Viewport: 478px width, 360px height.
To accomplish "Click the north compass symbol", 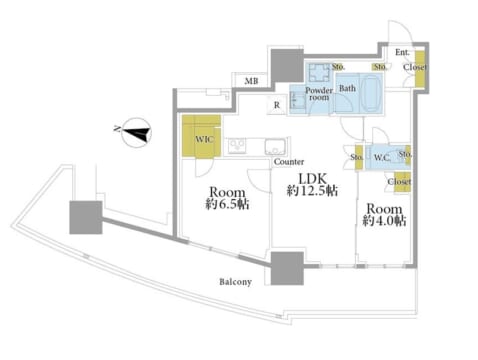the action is click(137, 133).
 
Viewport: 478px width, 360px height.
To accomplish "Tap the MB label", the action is click(251, 81).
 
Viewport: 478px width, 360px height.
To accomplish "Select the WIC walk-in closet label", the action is click(204, 139).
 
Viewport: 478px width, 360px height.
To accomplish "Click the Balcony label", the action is click(235, 282).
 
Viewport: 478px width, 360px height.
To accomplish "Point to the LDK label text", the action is click(312, 179).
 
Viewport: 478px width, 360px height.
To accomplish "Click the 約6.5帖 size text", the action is click(227, 204).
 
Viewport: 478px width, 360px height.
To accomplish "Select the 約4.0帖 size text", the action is click(384, 220).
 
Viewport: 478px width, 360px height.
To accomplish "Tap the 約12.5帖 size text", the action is click(312, 191).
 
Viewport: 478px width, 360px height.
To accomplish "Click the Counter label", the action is click(289, 162).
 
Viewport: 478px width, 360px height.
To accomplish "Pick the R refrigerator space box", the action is click(277, 105).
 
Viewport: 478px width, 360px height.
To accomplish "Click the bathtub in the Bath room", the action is click(372, 93).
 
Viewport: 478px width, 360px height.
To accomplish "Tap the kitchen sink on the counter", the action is click(275, 147).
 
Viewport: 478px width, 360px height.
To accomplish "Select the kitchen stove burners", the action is click(237, 146).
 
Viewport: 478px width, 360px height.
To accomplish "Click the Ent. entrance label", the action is click(402, 52).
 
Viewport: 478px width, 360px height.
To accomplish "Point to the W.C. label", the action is click(382, 157).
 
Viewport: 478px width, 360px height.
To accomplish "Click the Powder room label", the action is click(319, 94).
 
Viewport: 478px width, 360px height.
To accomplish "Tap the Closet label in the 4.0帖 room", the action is click(399, 182).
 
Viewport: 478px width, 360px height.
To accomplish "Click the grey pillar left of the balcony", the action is click(86, 217).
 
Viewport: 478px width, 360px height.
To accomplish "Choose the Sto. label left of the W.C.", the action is click(356, 157).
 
